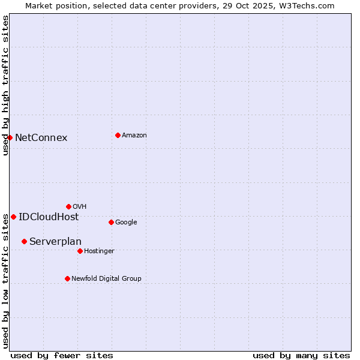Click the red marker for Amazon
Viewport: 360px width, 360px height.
(118, 135)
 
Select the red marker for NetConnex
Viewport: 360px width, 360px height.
(10, 137)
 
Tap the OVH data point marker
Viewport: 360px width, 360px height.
(68, 206)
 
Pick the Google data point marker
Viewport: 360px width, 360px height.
(111, 222)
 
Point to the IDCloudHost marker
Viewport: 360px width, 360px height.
(13, 217)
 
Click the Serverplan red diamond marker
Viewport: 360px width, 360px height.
(24, 241)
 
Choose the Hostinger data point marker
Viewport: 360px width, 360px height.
(80, 251)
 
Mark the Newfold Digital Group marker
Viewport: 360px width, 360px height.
(67, 278)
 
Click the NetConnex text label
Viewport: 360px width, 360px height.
(41, 138)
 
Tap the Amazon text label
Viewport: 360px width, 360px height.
(134, 136)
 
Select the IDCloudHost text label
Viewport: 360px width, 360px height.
(49, 217)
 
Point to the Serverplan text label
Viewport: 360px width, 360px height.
(55, 242)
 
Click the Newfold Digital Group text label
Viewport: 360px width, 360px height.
(106, 278)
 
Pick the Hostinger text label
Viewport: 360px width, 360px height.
(99, 251)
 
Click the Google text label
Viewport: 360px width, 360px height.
(126, 223)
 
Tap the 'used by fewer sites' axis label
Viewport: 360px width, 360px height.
(62, 355)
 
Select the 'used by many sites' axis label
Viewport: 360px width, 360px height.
(301, 355)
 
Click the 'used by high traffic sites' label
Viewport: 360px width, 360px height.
(5, 85)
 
